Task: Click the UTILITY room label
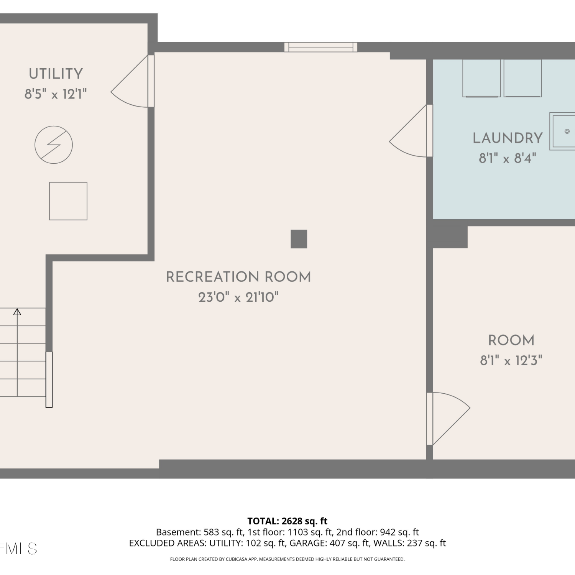click(56, 74)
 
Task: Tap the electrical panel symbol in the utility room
click(54, 145)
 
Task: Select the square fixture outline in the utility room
click(68, 201)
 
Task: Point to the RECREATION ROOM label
click(238, 277)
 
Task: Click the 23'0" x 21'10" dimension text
click(238, 297)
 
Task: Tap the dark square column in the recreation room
click(299, 239)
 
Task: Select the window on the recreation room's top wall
click(321, 47)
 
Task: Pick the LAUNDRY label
click(508, 138)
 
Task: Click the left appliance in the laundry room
click(481, 78)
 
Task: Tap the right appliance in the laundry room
click(523, 78)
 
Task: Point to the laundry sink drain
click(567, 131)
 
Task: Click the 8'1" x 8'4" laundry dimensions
click(508, 158)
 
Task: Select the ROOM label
click(511, 340)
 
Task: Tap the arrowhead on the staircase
click(17, 312)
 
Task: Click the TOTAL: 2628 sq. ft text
click(287, 521)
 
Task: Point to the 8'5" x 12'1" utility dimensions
click(56, 94)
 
